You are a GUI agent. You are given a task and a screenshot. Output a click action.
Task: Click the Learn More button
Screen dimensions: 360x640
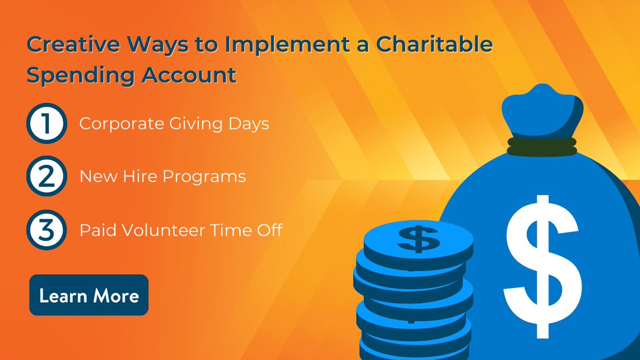(x=89, y=295)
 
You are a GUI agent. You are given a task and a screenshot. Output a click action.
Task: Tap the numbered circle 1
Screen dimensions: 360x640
(x=45, y=124)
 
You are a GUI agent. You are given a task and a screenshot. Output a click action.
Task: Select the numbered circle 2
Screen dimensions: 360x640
(x=45, y=177)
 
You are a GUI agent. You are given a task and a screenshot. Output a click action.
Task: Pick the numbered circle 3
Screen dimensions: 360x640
(x=45, y=230)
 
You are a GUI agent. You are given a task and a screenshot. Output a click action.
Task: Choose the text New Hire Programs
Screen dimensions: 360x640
(x=163, y=177)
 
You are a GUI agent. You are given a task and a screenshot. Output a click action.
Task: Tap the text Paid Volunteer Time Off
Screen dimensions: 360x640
(x=180, y=230)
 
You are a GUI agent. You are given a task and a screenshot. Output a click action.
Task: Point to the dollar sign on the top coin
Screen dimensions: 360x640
(x=419, y=238)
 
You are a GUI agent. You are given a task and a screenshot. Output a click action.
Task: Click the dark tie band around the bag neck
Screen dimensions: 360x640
(x=541, y=145)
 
